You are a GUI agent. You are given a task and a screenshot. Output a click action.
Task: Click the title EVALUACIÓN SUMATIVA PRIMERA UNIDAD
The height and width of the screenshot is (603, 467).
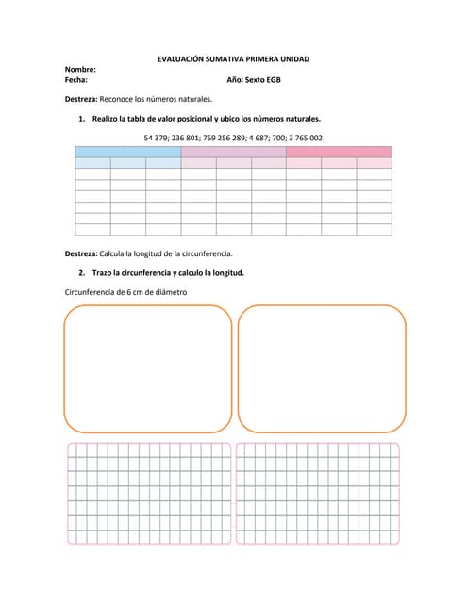232,59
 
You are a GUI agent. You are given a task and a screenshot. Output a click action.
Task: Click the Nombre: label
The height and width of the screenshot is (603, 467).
80,70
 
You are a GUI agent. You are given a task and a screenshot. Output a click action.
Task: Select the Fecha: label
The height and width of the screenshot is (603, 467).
75,80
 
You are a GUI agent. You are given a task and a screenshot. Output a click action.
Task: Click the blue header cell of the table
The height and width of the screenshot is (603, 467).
127,152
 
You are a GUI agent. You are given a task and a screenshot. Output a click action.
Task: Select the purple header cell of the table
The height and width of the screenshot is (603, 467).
233,152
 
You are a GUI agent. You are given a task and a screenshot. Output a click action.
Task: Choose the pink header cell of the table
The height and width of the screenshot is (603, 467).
339,152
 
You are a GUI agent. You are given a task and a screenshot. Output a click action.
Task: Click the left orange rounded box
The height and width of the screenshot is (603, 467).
148,368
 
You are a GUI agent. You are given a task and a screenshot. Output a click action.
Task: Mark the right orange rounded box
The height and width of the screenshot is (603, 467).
322,368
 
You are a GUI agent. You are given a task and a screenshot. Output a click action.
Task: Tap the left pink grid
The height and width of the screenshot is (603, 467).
149,494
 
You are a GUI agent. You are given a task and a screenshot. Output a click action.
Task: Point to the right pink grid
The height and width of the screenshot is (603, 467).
318,494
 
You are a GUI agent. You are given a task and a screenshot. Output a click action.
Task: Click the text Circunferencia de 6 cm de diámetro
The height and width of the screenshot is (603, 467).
125,292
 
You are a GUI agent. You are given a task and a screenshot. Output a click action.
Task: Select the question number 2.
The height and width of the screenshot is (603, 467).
83,273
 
